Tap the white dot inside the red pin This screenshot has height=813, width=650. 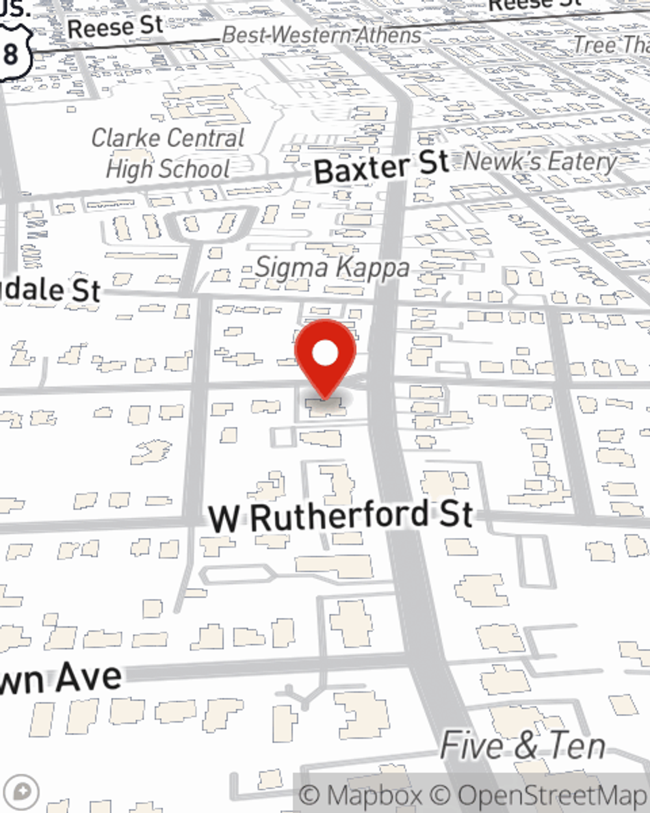click(325, 354)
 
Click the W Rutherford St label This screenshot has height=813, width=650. click(341, 517)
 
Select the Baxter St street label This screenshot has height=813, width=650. click(381, 167)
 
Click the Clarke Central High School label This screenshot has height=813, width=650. click(168, 153)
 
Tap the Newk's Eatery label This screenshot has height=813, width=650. click(540, 161)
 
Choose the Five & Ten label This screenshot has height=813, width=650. click(523, 745)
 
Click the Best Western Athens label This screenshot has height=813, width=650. click(321, 35)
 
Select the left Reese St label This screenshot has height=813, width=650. click(115, 27)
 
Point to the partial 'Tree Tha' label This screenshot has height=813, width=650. click(611, 44)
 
